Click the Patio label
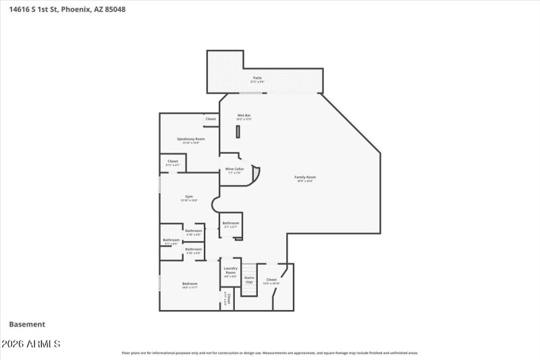257,78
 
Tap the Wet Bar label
244,115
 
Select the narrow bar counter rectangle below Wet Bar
238,132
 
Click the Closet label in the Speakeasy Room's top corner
211,119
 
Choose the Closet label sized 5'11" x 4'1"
173,161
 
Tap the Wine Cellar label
234,169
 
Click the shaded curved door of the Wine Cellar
255,174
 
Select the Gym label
189,197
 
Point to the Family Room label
305,178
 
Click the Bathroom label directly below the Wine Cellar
231,223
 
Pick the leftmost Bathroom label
171,240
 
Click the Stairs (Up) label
248,279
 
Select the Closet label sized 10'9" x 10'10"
271,279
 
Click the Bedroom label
190,284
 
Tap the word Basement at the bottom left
27,324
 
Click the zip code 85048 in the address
115,9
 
